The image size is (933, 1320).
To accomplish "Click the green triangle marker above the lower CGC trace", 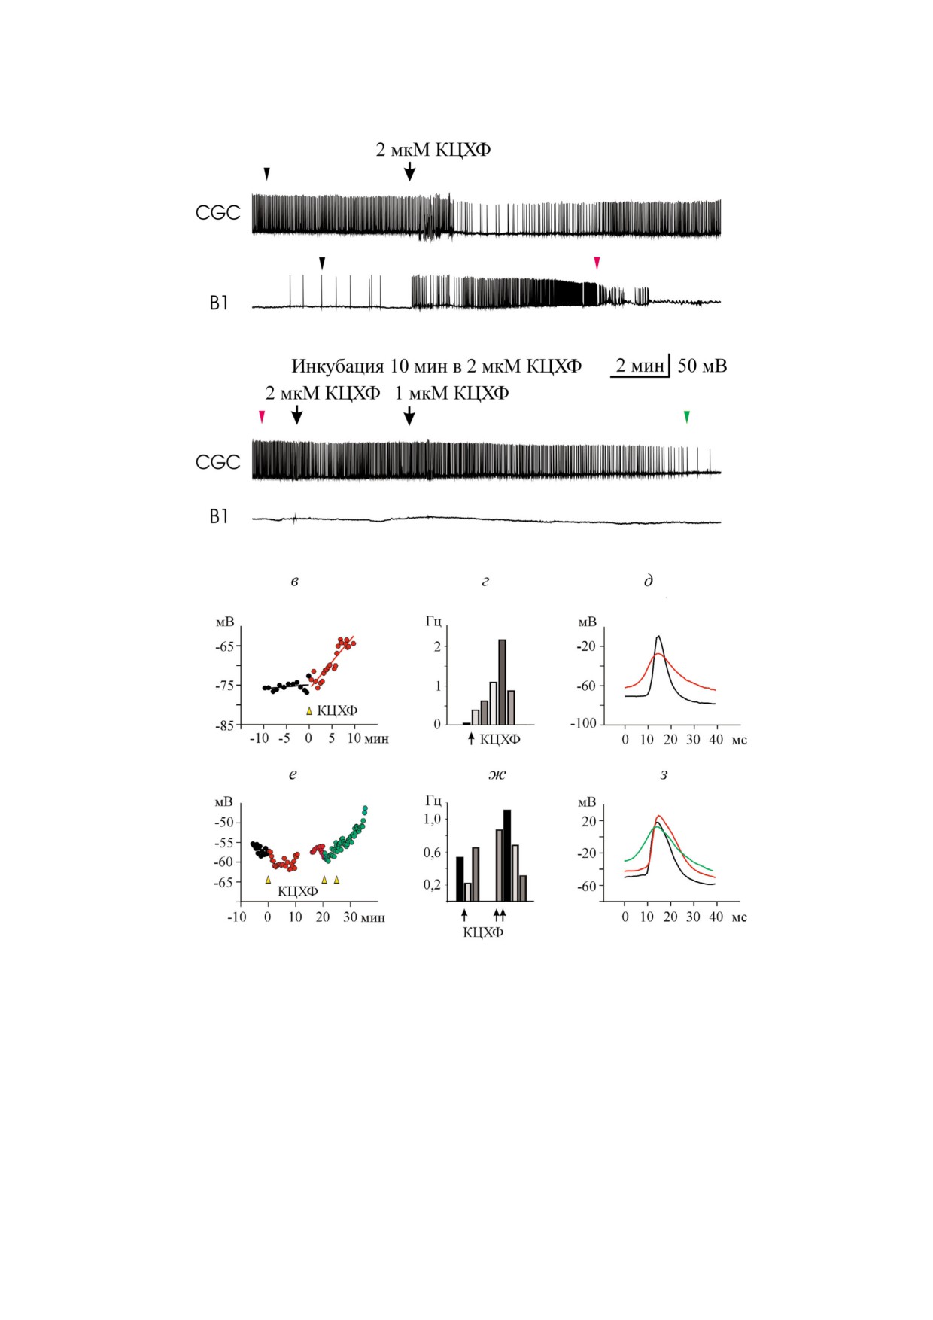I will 686,416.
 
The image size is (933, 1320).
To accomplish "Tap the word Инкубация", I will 338,366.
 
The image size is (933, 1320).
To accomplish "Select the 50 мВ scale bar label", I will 702,366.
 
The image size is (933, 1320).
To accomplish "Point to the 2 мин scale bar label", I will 640,366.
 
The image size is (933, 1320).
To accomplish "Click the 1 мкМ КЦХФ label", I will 451,393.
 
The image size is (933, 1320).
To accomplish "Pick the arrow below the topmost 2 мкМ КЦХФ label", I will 409,171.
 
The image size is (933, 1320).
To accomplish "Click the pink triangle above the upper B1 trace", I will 597,262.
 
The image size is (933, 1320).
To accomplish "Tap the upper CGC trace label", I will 217,213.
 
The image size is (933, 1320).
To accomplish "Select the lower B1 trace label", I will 218,516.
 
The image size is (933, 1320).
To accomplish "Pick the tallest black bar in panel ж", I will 507,855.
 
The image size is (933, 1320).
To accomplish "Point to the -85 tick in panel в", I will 226,725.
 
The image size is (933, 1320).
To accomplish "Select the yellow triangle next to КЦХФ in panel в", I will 308,710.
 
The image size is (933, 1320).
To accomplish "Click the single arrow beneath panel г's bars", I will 471,738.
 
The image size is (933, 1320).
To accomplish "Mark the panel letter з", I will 664,774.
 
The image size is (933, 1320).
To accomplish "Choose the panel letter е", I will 293,774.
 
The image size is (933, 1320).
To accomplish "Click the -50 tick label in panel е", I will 223,822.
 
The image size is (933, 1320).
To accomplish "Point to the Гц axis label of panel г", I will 433,622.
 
